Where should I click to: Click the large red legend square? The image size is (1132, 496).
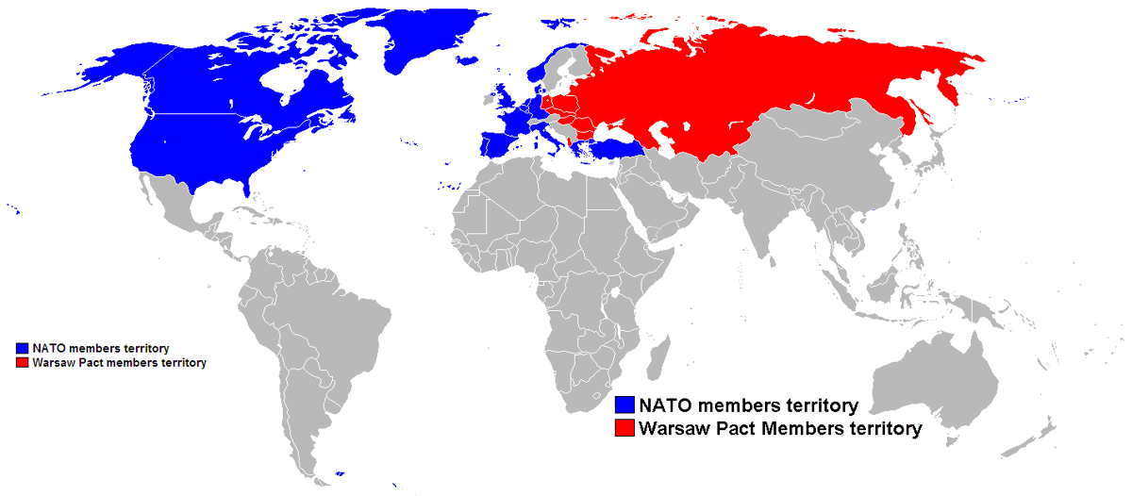click(624, 429)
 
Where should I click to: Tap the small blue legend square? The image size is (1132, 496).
click(22, 349)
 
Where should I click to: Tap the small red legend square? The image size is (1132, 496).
click(22, 362)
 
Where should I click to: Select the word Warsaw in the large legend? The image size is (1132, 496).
click(674, 429)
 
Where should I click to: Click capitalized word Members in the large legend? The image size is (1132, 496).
click(798, 429)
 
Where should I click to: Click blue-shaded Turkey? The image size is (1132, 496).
click(613, 147)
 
